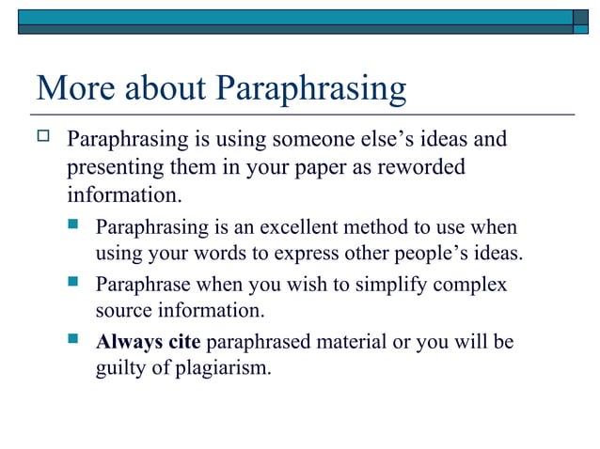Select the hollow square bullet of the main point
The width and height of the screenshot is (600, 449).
(42, 140)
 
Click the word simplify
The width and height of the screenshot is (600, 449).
(378, 284)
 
